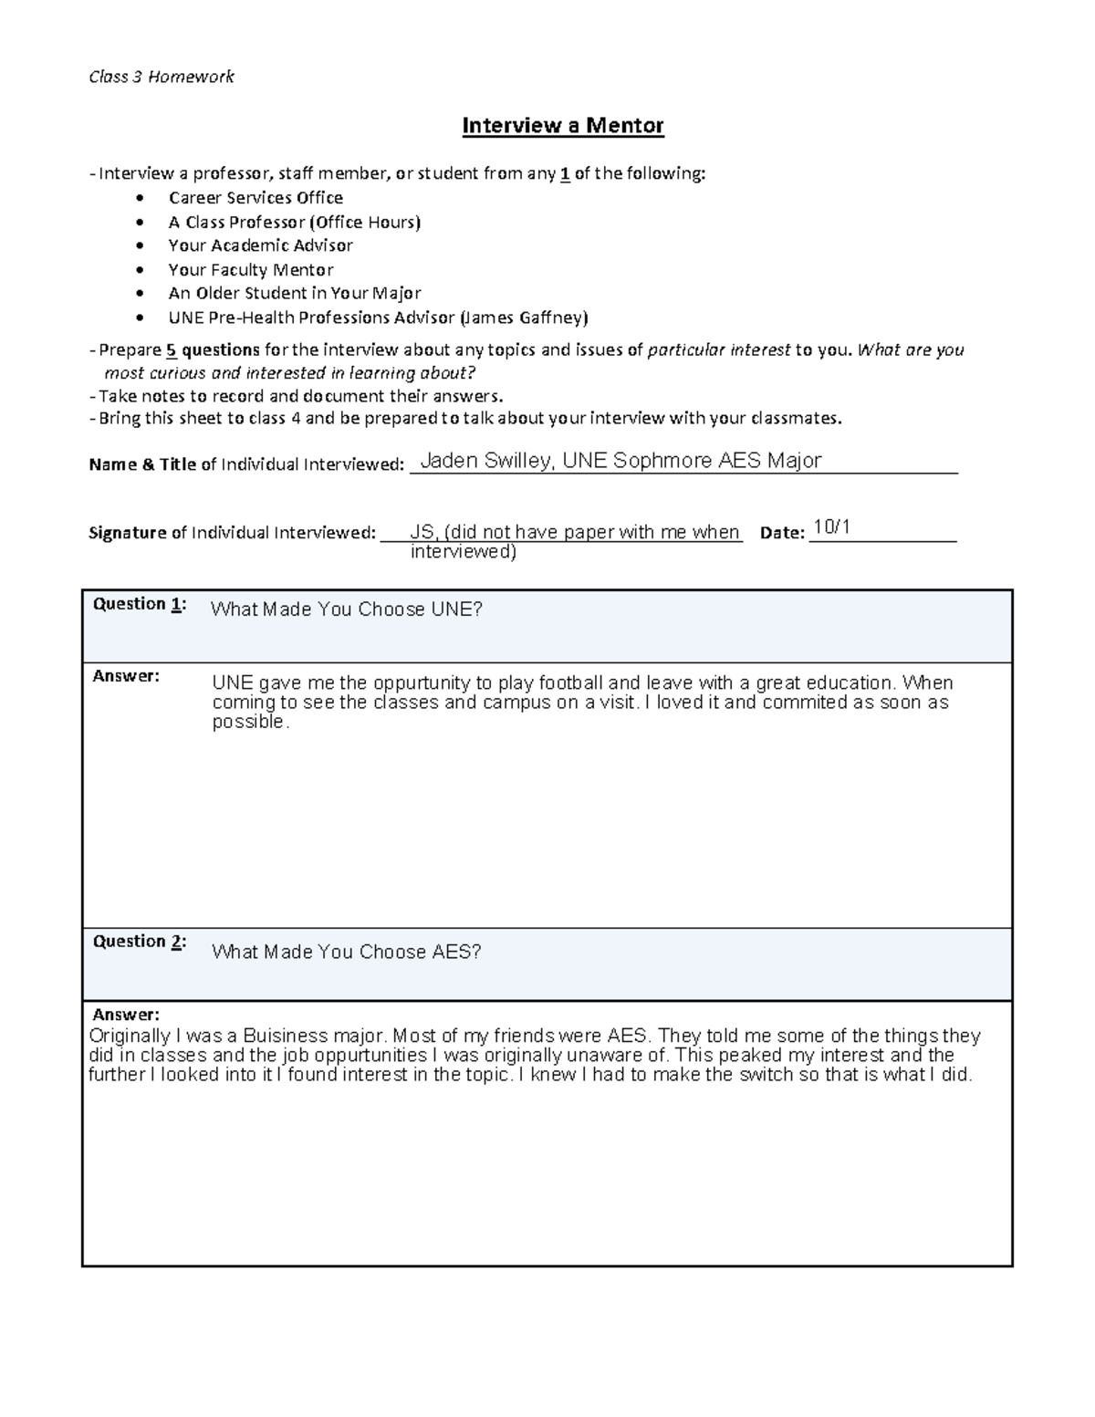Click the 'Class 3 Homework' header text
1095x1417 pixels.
pyautogui.click(x=161, y=77)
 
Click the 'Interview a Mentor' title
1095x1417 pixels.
pyautogui.click(x=562, y=125)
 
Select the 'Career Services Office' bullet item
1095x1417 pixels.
pyautogui.click(x=255, y=198)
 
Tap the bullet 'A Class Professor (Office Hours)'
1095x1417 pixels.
pyautogui.click(x=294, y=222)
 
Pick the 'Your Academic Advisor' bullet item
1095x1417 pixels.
pyautogui.click(x=260, y=245)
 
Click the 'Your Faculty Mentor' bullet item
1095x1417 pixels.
pyautogui.click(x=250, y=270)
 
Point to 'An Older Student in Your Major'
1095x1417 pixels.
pyautogui.click(x=294, y=294)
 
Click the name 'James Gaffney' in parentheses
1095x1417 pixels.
pyautogui.click(x=524, y=318)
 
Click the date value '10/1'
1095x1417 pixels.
pyautogui.click(x=831, y=527)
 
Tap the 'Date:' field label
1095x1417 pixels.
pyautogui.click(x=782, y=533)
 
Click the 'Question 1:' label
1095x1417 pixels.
pyautogui.click(x=140, y=604)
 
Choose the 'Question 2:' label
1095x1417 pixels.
pyautogui.click(x=140, y=942)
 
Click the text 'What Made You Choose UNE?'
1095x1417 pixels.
pyautogui.click(x=346, y=610)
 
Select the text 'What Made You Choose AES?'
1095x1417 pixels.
pyautogui.click(x=346, y=952)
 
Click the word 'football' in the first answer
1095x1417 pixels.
pyautogui.click(x=570, y=682)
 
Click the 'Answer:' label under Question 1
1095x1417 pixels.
pyautogui.click(x=126, y=676)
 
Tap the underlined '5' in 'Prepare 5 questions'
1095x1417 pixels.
pyautogui.click(x=171, y=350)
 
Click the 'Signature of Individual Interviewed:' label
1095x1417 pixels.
pyautogui.click(x=232, y=533)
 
